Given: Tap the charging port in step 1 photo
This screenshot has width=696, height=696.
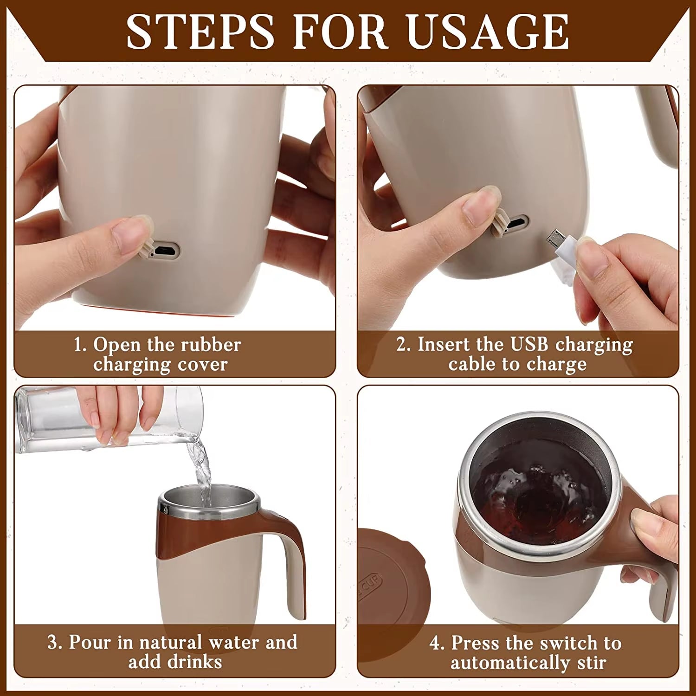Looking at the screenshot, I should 165,251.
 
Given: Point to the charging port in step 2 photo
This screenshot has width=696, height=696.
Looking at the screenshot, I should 516,224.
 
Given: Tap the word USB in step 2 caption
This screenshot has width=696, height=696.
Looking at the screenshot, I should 529,344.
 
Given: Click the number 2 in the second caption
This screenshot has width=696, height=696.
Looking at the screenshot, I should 401,345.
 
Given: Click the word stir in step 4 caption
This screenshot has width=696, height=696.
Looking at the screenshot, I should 592,663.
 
